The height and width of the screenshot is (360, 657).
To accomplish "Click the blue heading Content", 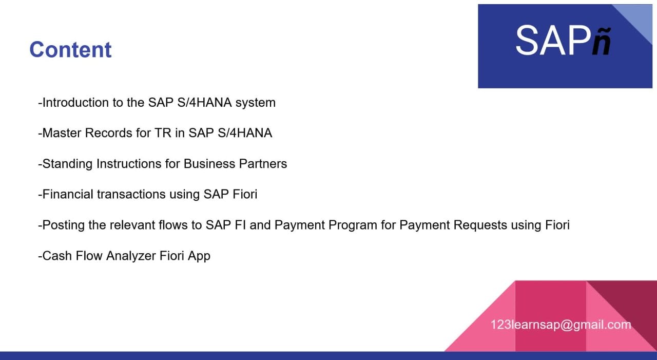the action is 70,50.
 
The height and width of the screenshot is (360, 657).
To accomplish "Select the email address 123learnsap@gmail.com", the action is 561,325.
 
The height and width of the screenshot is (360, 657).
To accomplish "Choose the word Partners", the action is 263,164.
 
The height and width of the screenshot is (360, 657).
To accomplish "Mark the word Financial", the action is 68,194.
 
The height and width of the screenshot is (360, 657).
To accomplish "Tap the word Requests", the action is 480,225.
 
